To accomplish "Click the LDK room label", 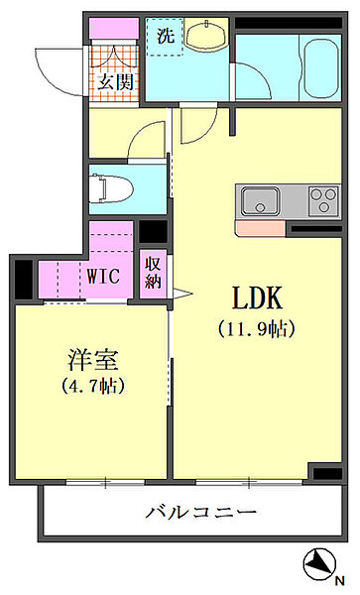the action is coord(257,297).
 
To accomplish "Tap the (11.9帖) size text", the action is coord(257,329).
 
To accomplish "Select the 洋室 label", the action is coord(93,360).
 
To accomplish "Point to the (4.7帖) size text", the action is coord(93,386).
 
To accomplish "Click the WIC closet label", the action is coord(103,276).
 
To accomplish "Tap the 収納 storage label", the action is coord(153,273).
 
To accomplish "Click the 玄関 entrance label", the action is coord(115,82).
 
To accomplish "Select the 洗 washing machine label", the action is coord(166,36).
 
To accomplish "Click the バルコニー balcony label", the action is coord(201,513).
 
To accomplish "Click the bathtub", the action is coord(321,68).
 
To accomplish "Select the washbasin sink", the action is coord(206,35).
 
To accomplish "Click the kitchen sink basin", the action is coord(261,200).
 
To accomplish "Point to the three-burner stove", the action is coord(323,200).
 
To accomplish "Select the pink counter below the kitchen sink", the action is coord(260,228).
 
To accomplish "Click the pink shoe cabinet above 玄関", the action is coord(114,28).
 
